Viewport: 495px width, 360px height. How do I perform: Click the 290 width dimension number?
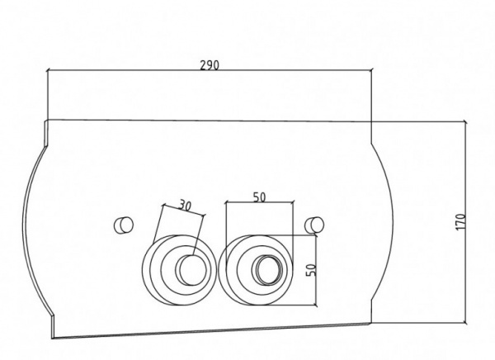click(x=210, y=65)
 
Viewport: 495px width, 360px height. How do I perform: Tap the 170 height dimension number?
click(x=461, y=222)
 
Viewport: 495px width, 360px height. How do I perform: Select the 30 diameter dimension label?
click(x=185, y=205)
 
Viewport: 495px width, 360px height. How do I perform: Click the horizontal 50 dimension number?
click(x=260, y=197)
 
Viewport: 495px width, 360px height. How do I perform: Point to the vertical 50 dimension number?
click(x=311, y=270)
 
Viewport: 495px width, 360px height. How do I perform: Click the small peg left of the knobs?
click(x=124, y=225)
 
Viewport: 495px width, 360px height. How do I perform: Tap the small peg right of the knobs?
click(x=314, y=225)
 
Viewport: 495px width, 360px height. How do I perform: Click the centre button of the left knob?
click(x=191, y=270)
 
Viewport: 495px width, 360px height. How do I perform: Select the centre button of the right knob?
click(x=267, y=270)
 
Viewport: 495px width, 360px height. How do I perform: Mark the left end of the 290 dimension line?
click(x=47, y=70)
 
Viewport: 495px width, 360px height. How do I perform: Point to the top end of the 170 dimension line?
click(x=464, y=121)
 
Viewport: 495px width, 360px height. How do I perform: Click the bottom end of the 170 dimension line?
click(x=464, y=323)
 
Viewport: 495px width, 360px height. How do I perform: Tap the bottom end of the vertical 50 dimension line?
click(x=316, y=306)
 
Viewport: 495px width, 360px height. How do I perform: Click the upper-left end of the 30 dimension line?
click(x=163, y=205)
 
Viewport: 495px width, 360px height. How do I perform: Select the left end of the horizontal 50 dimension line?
click(x=226, y=202)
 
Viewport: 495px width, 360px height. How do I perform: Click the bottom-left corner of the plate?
click(x=52, y=339)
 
